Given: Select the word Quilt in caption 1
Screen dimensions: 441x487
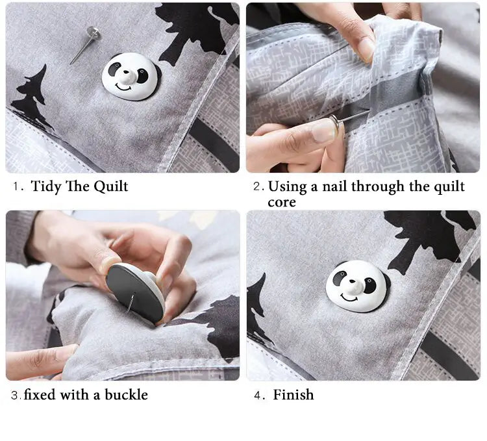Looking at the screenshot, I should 111,186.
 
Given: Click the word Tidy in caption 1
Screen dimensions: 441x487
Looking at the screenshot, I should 46,186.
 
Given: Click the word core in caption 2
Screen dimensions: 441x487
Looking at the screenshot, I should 282,202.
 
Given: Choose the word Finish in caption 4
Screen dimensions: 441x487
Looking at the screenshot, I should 293,394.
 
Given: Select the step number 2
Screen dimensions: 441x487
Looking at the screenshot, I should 258,187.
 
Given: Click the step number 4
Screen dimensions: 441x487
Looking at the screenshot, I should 257,395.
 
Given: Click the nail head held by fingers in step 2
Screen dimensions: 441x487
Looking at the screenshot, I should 334,121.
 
